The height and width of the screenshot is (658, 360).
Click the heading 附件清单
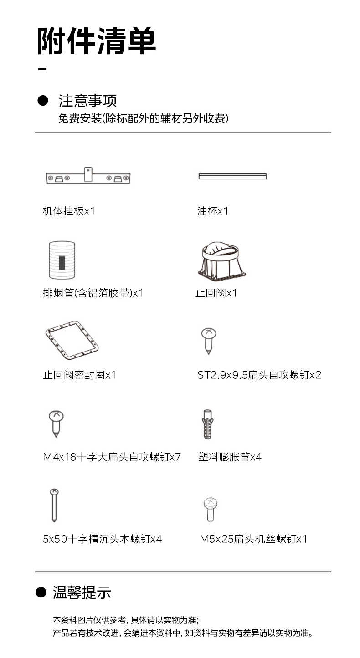97,41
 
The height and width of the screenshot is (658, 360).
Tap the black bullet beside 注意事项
42,100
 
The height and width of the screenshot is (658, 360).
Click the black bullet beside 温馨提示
41,592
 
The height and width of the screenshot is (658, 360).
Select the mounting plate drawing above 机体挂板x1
88,177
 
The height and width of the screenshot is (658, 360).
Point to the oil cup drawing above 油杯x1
232,176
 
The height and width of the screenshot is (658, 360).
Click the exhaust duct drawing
62,260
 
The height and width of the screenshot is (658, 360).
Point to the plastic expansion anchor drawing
208,424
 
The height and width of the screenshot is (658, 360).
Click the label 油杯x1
213,211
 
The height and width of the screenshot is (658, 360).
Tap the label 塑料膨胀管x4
230,457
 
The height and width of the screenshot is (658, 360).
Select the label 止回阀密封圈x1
80,375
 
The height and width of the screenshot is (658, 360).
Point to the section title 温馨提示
82,592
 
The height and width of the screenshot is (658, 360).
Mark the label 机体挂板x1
69,211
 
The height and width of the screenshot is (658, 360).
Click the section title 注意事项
88,100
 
